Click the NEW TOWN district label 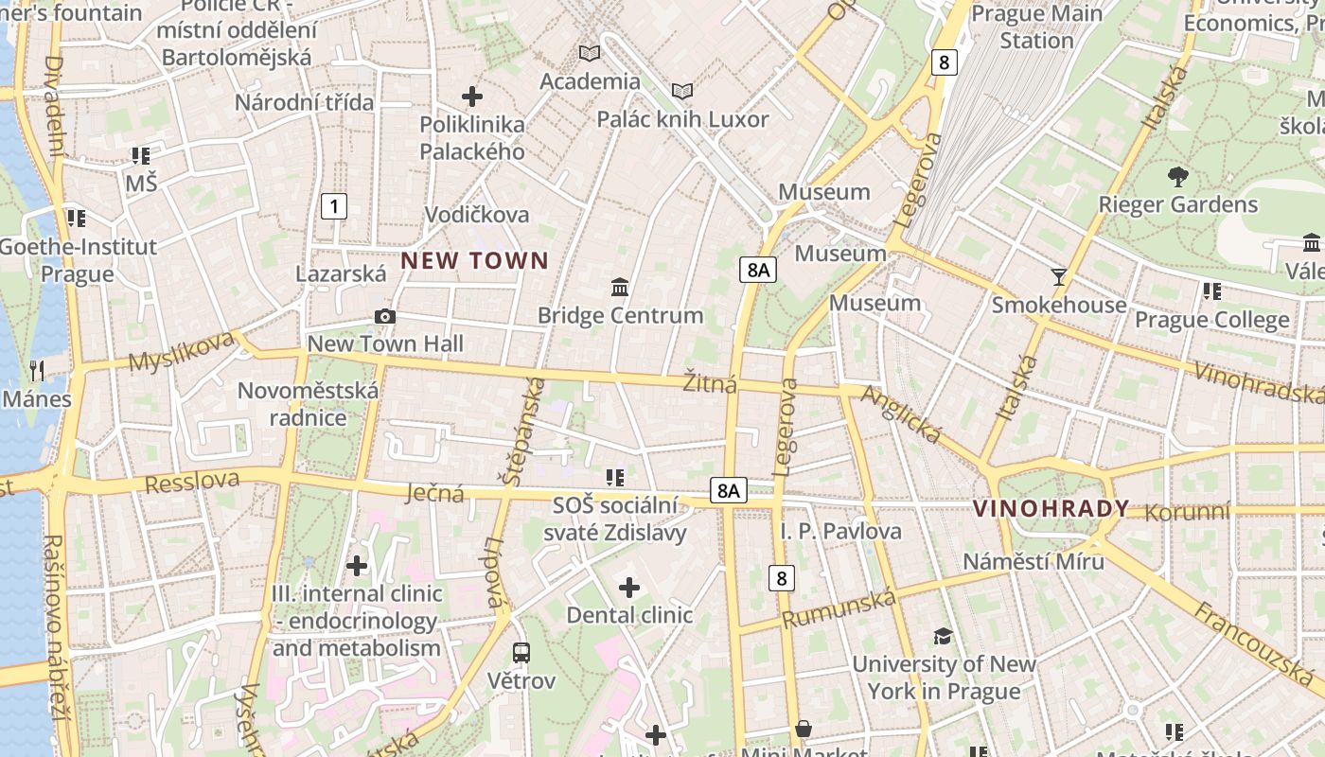tap(474, 261)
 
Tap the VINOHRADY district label tap(1051, 509)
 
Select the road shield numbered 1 tap(333, 205)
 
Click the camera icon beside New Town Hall tap(385, 316)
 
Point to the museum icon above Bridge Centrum tap(620, 286)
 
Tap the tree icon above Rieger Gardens tap(1177, 176)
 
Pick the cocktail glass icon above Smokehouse tap(1059, 276)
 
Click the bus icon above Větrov tap(521, 652)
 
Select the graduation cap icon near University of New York tap(943, 636)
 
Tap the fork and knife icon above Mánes tap(37, 370)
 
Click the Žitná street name tap(710, 383)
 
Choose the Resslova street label tap(192, 481)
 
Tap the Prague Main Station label tap(1037, 27)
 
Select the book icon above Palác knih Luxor tap(682, 91)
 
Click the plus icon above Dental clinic tap(629, 588)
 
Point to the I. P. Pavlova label tap(841, 531)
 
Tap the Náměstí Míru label tap(1033, 561)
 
